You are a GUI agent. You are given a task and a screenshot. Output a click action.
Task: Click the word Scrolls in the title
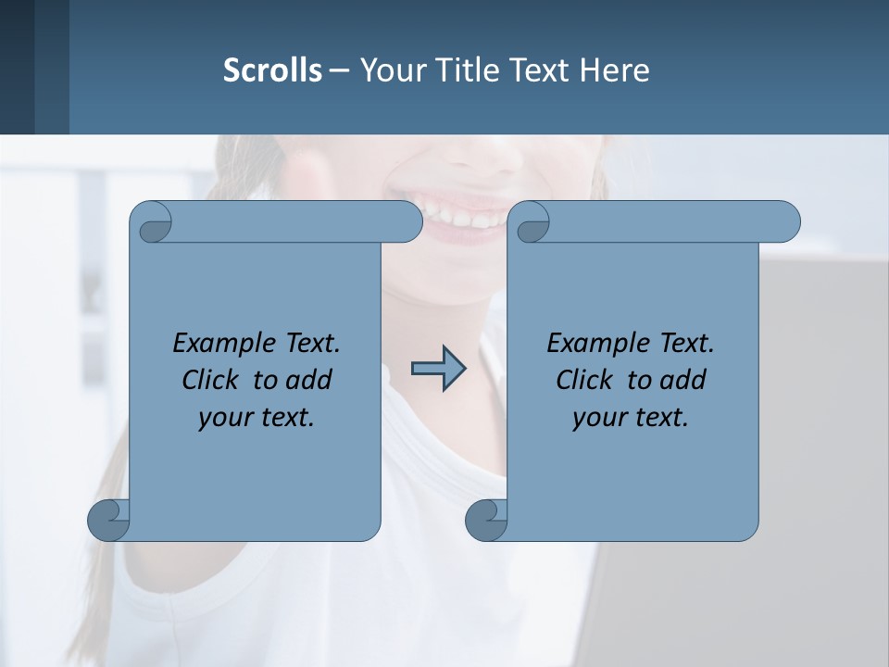click(x=272, y=70)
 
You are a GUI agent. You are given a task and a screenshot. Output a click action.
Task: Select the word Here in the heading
click(x=614, y=70)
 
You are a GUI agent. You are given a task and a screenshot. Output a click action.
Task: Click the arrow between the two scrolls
click(x=438, y=369)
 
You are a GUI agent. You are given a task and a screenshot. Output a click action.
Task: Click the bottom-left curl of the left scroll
click(x=109, y=519)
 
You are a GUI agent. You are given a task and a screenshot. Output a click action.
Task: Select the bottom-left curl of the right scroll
click(x=486, y=519)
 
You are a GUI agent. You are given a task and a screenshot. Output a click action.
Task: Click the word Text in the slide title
click(x=539, y=70)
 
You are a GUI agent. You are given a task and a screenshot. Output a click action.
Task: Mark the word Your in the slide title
click(x=387, y=70)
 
